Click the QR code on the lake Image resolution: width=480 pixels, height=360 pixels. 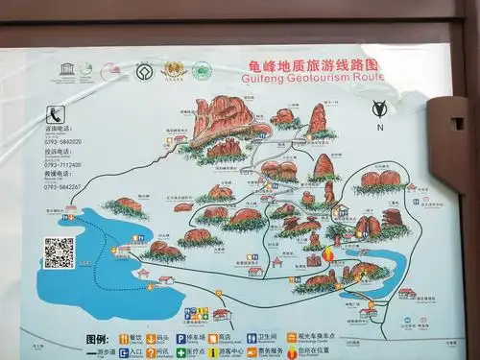coord(59,252)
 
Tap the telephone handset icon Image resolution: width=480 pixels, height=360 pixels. coord(57,112)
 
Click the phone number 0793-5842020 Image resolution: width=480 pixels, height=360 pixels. coord(61,142)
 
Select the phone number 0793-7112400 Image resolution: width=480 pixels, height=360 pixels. coord(61,164)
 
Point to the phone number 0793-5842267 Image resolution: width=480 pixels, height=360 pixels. coord(61,186)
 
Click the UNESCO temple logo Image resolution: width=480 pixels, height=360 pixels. coord(66,70)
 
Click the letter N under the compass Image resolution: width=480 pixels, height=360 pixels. coord(380,127)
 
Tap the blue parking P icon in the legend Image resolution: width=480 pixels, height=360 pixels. coord(180,339)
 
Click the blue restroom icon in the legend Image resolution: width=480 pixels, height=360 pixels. coord(252,339)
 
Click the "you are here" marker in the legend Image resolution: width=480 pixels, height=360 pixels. coord(290,352)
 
